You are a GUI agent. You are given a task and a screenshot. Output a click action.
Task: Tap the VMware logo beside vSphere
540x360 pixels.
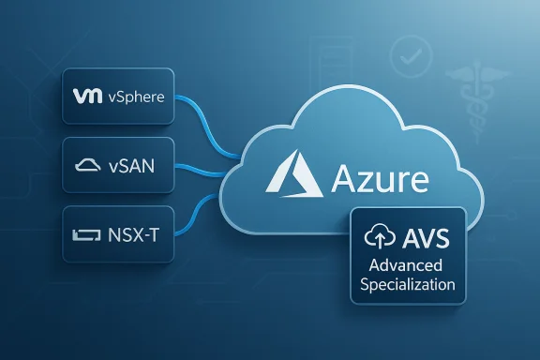click(x=86, y=95)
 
